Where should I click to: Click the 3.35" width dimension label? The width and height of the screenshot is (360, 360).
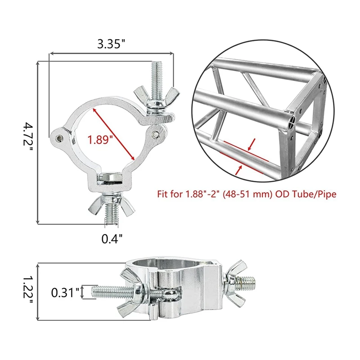pos(111,44)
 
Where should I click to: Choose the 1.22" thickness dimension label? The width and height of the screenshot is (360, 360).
pos(28,291)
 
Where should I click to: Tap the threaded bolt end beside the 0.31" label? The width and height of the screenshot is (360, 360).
pos(103,292)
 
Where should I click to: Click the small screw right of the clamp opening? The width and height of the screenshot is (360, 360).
pos(155,134)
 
